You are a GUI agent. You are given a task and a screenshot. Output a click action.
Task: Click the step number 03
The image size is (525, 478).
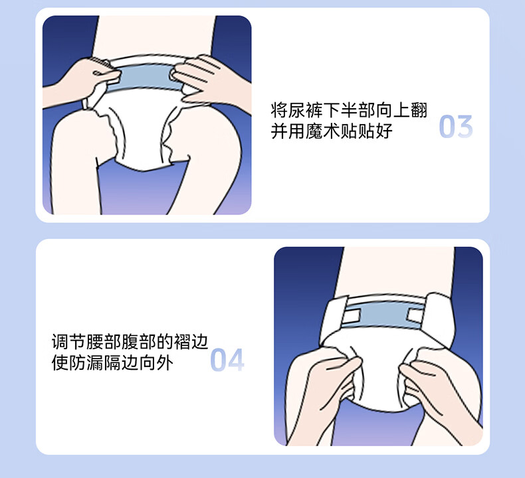tap(456, 126)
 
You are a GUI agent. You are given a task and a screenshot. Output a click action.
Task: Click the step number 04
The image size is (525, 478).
tap(227, 360)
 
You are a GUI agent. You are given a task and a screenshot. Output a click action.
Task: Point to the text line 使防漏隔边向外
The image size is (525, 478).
tap(112, 362)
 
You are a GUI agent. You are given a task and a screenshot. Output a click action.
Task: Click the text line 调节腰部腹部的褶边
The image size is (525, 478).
tap(130, 342)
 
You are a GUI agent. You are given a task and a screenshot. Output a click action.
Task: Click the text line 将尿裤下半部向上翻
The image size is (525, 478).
tap(349, 110)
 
